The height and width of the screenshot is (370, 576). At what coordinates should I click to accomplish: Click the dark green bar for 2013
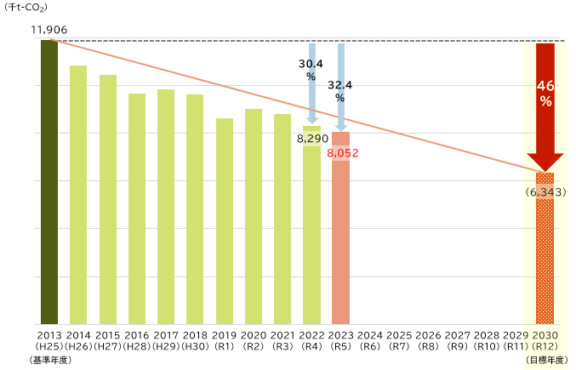(x=49, y=182)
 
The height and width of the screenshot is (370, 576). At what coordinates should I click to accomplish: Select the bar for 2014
(x=78, y=195)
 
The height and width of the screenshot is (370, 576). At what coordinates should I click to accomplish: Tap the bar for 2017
(x=166, y=207)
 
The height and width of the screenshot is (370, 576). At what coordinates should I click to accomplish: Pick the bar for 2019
(x=225, y=221)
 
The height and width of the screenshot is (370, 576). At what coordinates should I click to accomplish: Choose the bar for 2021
(x=282, y=219)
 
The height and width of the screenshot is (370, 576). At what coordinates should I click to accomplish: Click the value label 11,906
(x=48, y=30)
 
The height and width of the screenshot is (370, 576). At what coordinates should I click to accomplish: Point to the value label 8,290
(x=312, y=138)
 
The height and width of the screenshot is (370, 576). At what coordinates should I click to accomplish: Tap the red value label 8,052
(x=342, y=153)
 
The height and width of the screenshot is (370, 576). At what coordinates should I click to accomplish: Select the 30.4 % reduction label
(x=311, y=70)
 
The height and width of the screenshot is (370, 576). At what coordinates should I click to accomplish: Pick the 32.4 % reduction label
(x=340, y=91)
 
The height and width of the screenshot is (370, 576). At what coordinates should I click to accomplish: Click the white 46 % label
(x=545, y=94)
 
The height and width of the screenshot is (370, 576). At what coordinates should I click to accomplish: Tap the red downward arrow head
(x=545, y=162)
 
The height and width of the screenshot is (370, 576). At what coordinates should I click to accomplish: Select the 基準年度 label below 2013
(x=49, y=361)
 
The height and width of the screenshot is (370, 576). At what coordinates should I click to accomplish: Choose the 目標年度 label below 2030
(x=545, y=361)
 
